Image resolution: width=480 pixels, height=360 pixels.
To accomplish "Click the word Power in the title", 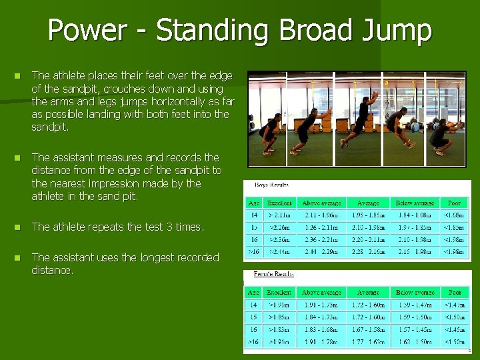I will click(87, 31).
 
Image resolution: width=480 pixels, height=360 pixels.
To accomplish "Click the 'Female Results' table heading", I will click(273, 274).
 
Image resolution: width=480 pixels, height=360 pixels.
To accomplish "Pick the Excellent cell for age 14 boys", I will click(279, 215).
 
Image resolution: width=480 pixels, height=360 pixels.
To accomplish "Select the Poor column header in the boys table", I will click(454, 203).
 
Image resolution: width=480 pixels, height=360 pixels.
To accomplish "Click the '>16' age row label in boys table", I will click(253, 252).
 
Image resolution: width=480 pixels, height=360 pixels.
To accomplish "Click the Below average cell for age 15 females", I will click(414, 317).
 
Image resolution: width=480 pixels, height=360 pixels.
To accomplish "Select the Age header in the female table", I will click(253, 293).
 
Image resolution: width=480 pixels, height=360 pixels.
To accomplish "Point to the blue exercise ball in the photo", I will click(416, 124).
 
